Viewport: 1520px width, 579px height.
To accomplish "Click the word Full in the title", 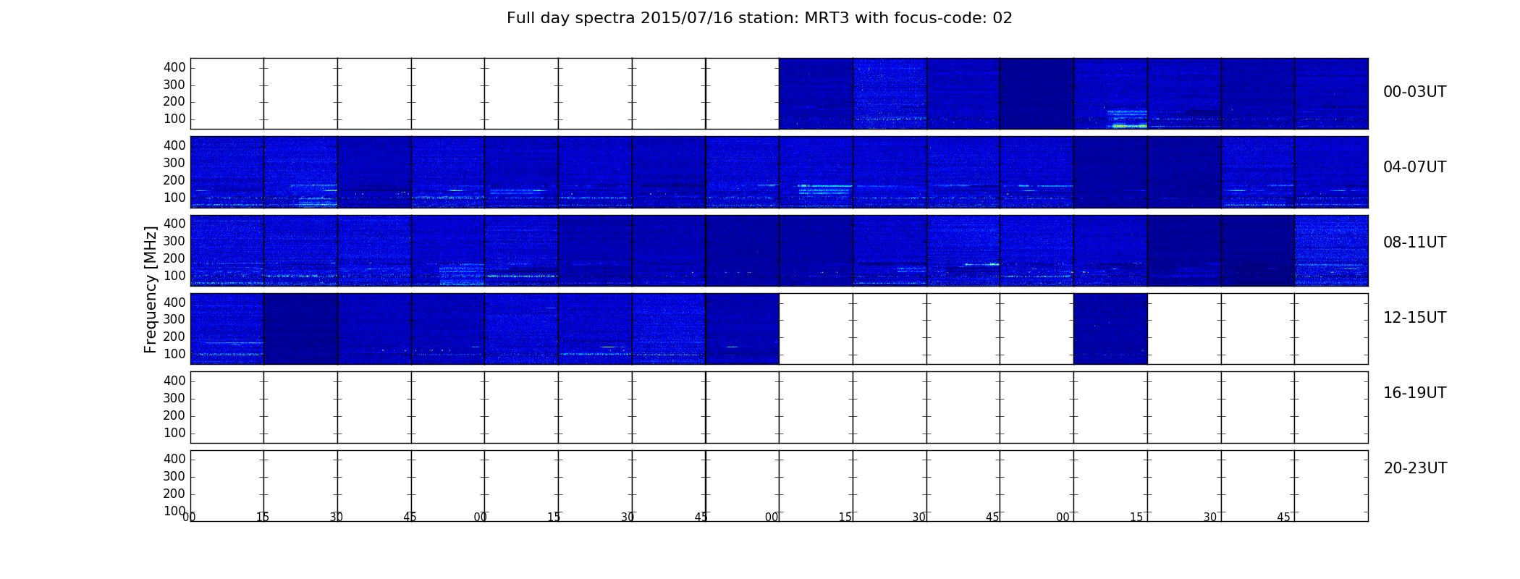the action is (x=519, y=18).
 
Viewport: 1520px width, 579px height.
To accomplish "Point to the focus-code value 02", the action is (x=1002, y=18).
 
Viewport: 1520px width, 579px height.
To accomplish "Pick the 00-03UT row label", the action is (x=1415, y=92).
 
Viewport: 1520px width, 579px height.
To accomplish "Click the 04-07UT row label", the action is (x=1415, y=167).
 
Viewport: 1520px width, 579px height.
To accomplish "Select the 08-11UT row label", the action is (x=1415, y=242).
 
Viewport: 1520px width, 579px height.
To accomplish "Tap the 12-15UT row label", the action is (x=1415, y=318).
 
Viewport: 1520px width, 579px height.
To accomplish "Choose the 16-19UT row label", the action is (x=1415, y=393).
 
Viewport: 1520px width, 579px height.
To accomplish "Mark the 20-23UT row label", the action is (x=1415, y=468).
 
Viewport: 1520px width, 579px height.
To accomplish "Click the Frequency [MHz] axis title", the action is (x=151, y=289).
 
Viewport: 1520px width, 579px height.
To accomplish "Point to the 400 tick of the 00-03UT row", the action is (x=174, y=67).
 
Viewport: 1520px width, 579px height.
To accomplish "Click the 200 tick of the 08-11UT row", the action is (x=174, y=259).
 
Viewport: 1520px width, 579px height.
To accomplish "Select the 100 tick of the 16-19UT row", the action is (x=174, y=434).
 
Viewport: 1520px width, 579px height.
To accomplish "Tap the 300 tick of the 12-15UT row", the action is (x=174, y=320).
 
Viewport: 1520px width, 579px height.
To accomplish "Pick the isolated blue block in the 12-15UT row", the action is (x=1110, y=329).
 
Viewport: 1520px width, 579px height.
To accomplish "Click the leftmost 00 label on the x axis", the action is (x=189, y=517).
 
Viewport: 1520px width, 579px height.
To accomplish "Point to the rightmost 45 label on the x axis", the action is (x=1283, y=517).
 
